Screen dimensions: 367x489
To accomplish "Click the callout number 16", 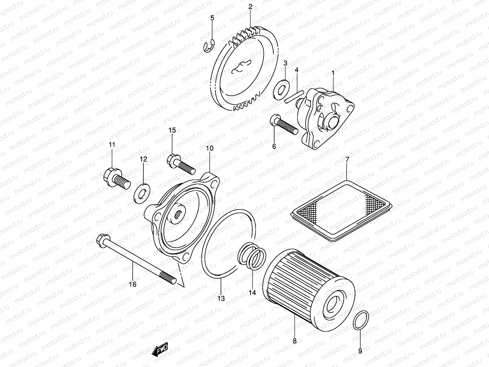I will point(132,284).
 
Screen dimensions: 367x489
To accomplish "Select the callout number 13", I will point(221,298).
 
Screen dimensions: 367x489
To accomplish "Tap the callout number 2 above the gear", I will point(250,7).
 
